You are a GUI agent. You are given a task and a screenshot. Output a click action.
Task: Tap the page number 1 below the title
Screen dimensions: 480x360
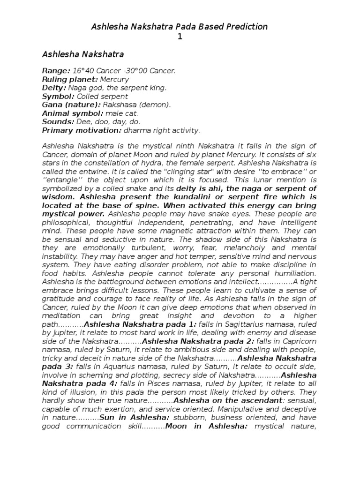tap(180, 37)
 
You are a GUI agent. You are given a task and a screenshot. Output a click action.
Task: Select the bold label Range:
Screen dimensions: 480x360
tap(56, 71)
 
